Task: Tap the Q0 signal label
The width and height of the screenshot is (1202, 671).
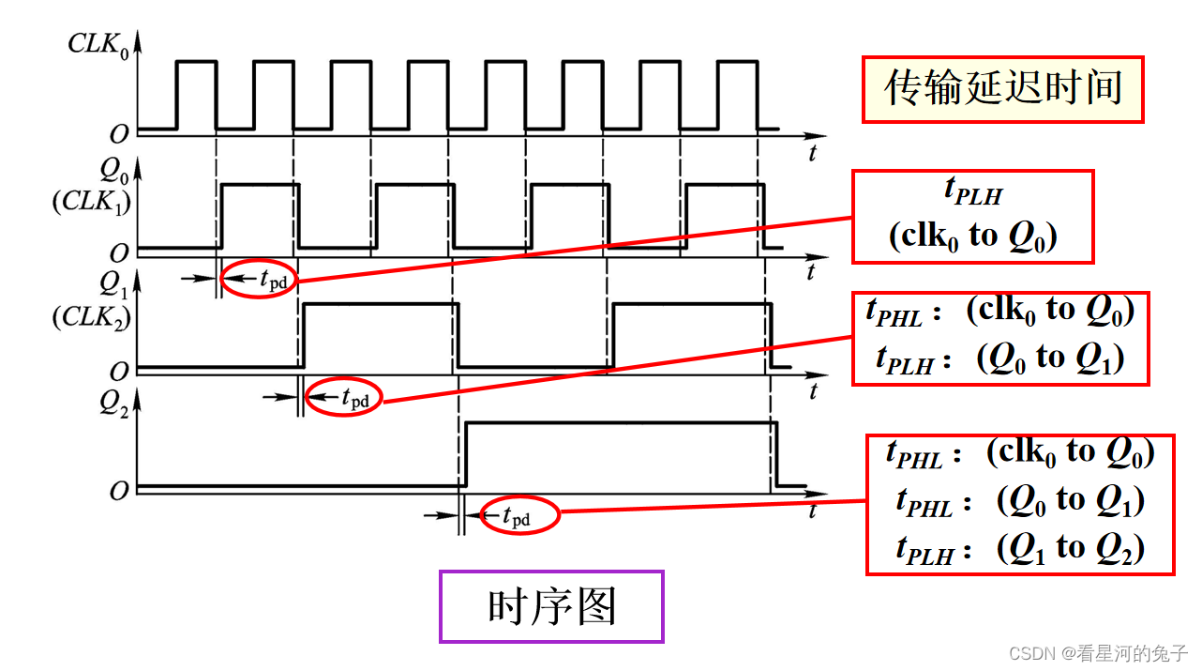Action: (x=112, y=171)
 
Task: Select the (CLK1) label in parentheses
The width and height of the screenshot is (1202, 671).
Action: (x=89, y=202)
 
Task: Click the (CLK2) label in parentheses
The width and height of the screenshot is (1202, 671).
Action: (x=90, y=318)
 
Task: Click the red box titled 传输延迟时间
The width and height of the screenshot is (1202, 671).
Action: (x=1002, y=88)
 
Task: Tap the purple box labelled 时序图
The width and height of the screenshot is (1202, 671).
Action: (x=551, y=607)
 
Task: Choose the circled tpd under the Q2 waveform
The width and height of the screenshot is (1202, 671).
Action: (x=519, y=516)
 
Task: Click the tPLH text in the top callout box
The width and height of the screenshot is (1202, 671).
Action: (x=971, y=192)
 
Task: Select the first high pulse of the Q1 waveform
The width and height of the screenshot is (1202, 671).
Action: (x=380, y=305)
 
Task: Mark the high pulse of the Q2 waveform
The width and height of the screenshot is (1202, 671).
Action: (x=620, y=425)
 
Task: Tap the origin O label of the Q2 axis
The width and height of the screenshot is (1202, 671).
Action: (x=118, y=491)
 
